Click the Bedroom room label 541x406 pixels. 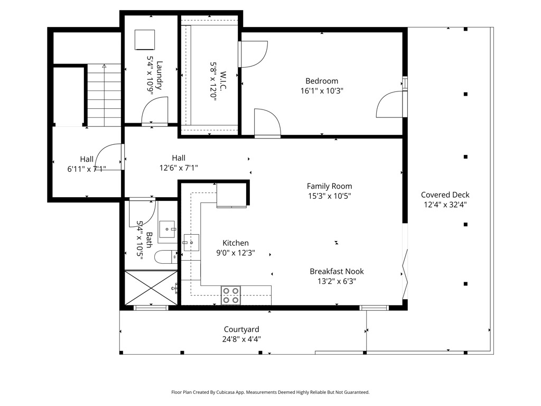tap(322, 81)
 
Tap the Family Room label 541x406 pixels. tap(329, 186)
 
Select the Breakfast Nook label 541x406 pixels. tap(337, 271)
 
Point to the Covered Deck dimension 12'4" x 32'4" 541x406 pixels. tap(445, 205)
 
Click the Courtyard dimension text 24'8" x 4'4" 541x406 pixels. tap(241, 339)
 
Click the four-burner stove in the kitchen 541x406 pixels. tap(231, 296)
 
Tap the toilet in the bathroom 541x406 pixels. tap(165, 257)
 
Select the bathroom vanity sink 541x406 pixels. tap(167, 229)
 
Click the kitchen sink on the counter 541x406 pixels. tap(191, 242)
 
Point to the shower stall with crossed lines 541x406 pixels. tap(151, 288)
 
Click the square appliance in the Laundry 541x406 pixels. tap(145, 40)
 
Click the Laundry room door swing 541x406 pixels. tap(155, 110)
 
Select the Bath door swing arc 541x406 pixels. tap(142, 214)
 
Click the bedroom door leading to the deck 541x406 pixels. tap(389, 104)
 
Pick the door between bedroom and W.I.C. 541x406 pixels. tap(254, 54)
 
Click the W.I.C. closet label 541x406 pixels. tap(223, 81)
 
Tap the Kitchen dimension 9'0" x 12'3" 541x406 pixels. tap(235, 253)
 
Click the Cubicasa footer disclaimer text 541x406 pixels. tap(270, 392)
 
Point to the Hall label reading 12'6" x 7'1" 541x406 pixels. tap(179, 168)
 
